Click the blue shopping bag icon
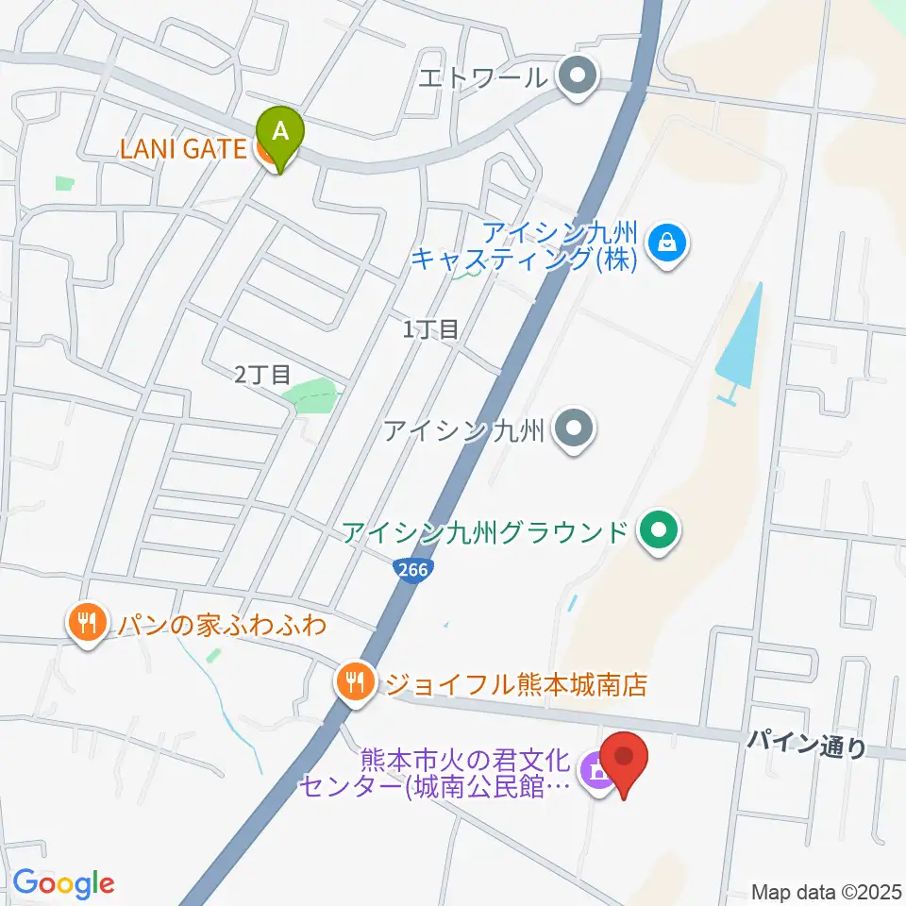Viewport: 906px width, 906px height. tap(668, 244)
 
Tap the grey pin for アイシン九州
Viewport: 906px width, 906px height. tap(573, 430)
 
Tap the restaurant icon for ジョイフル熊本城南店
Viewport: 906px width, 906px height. tap(355, 682)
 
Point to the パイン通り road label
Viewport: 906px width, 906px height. tap(806, 746)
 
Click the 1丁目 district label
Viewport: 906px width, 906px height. tap(430, 329)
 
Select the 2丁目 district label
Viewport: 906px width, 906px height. tap(262, 375)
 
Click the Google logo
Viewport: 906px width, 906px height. tap(63, 883)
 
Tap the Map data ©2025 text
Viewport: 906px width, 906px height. tap(827, 890)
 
